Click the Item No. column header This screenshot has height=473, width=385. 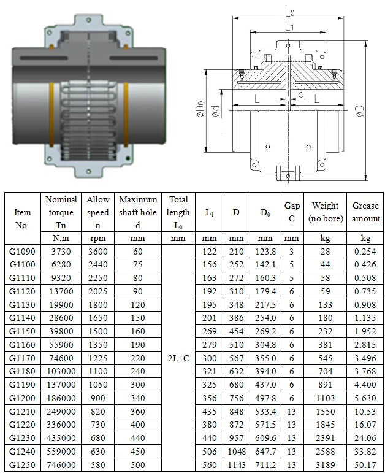[x=23, y=218]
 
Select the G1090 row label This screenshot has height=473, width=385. [x=23, y=252]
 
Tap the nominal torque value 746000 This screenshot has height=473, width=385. [x=61, y=464]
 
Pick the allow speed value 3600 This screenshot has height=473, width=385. [x=98, y=252]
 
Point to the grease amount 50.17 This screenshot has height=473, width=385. [x=365, y=464]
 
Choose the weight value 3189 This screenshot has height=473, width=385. [x=325, y=464]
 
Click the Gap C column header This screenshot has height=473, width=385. [x=292, y=212]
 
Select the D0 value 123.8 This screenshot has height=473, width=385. [x=265, y=252]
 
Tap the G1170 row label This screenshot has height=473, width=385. [x=23, y=358]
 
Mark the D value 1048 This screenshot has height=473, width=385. [x=235, y=452]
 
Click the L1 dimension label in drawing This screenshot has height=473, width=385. [x=289, y=26]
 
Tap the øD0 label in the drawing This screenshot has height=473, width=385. [x=200, y=110]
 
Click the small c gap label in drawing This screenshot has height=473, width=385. [x=301, y=94]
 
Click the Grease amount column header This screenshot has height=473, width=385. [x=365, y=212]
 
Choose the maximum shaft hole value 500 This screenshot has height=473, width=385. [x=138, y=464]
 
